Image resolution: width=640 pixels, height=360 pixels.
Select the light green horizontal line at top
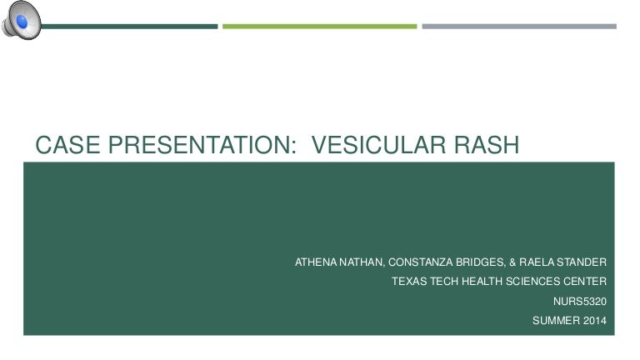coord(319,26)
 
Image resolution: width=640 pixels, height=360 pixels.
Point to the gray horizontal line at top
coord(518,26)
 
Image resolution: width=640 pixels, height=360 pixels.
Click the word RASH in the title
coord(487,146)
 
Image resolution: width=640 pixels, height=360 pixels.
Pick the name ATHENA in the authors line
coord(314,262)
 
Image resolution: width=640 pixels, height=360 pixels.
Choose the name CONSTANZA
coord(419,262)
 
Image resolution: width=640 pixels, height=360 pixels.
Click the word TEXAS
coord(409,282)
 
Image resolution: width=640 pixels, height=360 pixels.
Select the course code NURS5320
coord(580,301)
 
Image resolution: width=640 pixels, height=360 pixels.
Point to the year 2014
coord(595,320)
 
